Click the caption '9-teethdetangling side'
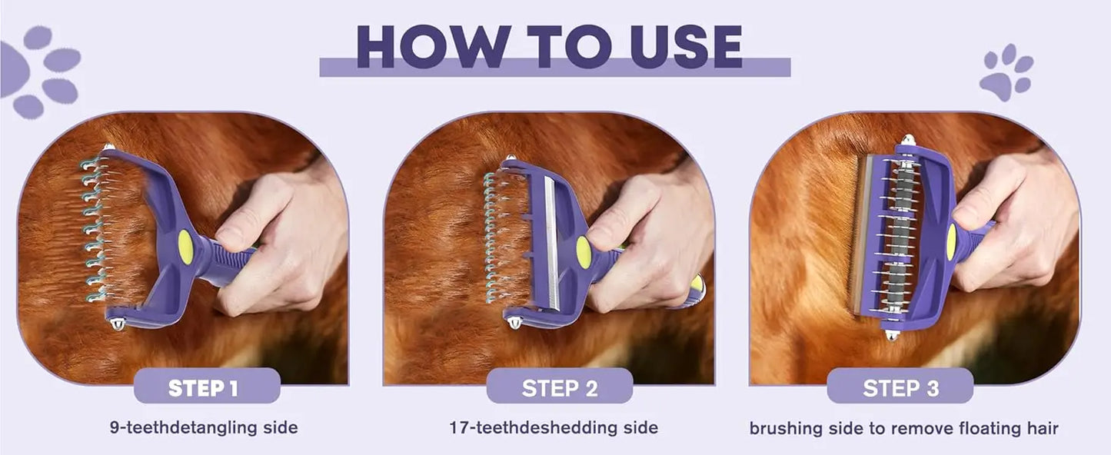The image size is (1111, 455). pyautogui.click(x=204, y=427)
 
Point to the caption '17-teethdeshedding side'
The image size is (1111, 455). pyautogui.click(x=554, y=427)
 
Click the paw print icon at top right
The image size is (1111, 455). pyautogui.click(x=1006, y=73)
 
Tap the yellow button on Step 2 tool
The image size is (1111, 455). pyautogui.click(x=584, y=252)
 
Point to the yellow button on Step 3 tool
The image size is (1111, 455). pyautogui.click(x=952, y=241)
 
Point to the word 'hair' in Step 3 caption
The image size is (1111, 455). pyautogui.click(x=1042, y=428)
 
